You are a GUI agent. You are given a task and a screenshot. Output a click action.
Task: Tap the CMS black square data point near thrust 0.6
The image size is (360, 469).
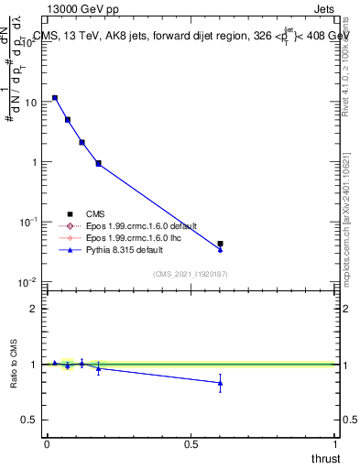click(x=220, y=244)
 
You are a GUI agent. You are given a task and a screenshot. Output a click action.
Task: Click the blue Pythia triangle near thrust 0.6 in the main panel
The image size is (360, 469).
click(x=220, y=249)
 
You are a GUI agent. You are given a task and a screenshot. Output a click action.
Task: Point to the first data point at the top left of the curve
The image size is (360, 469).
click(x=55, y=97)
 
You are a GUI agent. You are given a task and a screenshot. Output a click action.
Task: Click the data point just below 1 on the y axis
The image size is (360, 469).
click(x=98, y=163)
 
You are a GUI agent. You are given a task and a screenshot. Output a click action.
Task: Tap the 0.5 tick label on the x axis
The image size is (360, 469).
click(x=191, y=444)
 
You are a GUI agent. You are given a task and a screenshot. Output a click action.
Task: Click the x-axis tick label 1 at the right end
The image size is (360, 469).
click(x=336, y=444)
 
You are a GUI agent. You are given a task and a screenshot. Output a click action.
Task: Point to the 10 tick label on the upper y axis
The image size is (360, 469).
click(x=31, y=103)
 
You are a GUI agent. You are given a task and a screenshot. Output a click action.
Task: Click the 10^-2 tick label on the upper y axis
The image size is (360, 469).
click(x=29, y=282)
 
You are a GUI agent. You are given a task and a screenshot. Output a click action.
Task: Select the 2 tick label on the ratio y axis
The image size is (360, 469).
click(x=35, y=309)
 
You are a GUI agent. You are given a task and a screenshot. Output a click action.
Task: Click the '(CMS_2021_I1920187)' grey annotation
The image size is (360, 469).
click(x=191, y=274)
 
